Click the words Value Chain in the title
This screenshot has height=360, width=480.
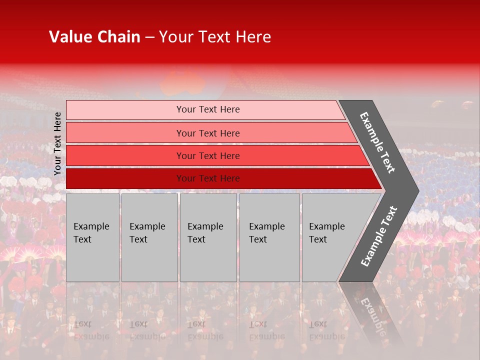(94, 37)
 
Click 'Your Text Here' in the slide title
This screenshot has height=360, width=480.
(215, 37)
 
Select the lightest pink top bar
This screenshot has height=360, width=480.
(125, 110)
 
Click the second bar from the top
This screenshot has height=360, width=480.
(125, 133)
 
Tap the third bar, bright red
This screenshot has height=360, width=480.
(125, 155)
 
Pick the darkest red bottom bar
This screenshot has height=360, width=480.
(125, 178)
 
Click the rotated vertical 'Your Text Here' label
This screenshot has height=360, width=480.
(57, 143)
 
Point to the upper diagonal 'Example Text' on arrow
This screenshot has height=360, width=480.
(377, 142)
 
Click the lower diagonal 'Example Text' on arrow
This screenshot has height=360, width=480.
(379, 236)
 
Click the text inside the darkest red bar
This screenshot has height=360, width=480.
(208, 178)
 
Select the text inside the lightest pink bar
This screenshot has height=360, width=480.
(208, 109)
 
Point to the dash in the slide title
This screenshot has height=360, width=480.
(149, 37)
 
